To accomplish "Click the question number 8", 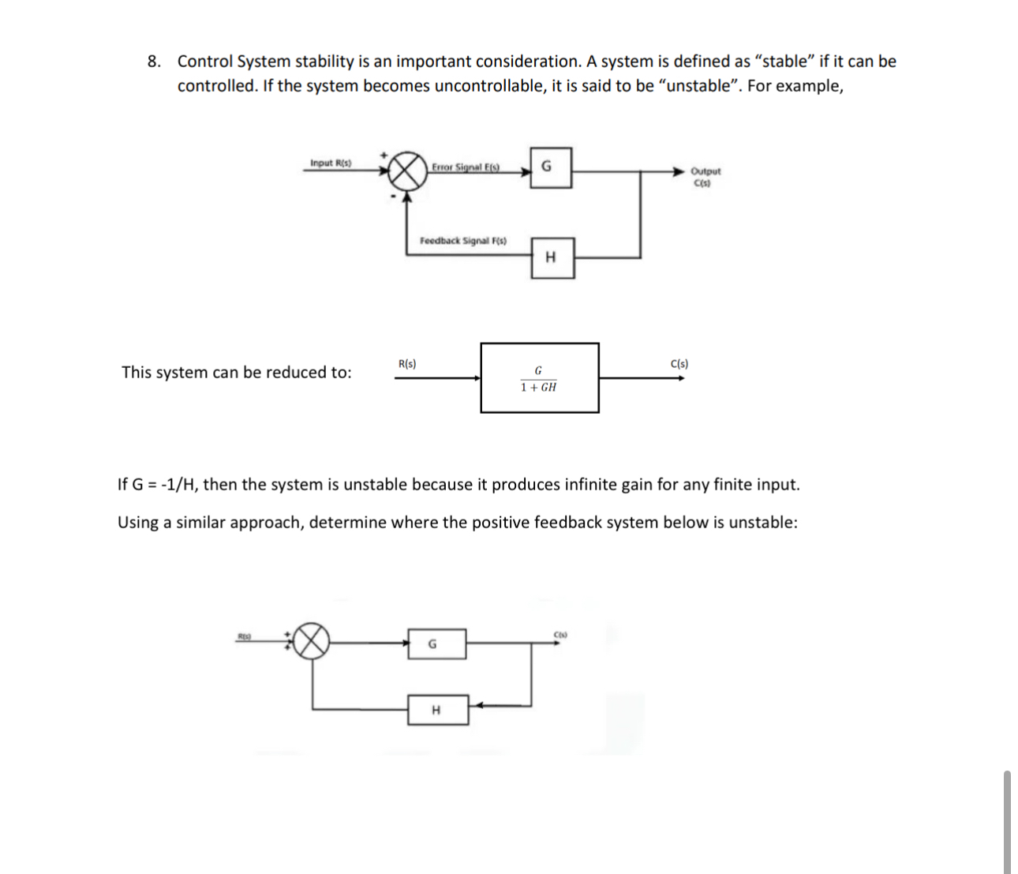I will (155, 62).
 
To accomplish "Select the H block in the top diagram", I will (552, 257).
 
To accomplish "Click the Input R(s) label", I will (331, 163).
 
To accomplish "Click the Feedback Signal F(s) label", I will (463, 241).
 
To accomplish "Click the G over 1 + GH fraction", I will (539, 379).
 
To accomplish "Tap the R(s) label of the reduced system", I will (407, 364).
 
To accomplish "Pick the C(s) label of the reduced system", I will (679, 364).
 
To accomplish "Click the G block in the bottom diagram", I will (436, 643).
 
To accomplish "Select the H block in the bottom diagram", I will (437, 710).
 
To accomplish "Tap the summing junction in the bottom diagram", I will (312, 641).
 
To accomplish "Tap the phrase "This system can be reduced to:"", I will (237, 373).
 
